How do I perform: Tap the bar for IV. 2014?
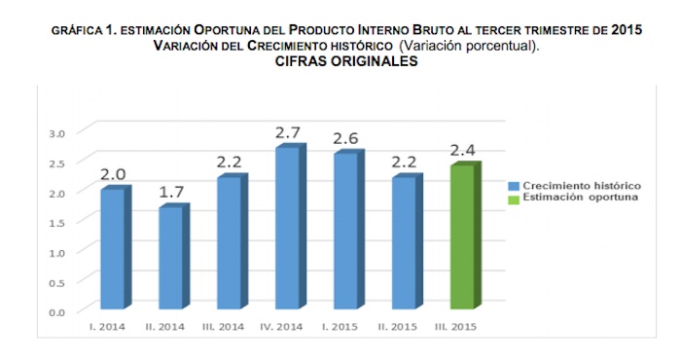click(287, 229)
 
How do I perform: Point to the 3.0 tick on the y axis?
click(57, 132)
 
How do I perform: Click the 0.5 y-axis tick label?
click(57, 281)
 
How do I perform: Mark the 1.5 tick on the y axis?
click(57, 222)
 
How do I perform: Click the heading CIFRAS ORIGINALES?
click(340, 61)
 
